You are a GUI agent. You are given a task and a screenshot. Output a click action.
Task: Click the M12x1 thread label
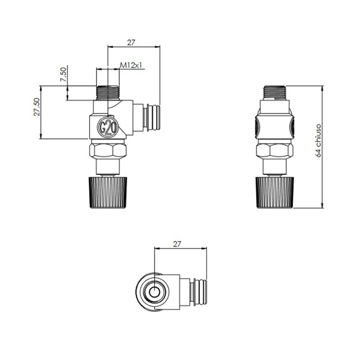pyautogui.click(x=131, y=65)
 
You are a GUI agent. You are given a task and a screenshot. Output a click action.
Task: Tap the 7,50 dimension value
pyautogui.click(x=63, y=74)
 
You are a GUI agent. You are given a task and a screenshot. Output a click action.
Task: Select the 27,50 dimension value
pyautogui.click(x=37, y=107)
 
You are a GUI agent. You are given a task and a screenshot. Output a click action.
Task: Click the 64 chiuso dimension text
pyautogui.click(x=318, y=140)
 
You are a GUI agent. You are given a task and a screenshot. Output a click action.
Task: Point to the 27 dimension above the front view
pyautogui.click(x=131, y=42)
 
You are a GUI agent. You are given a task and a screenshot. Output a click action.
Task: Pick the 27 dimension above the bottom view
pyautogui.click(x=177, y=244)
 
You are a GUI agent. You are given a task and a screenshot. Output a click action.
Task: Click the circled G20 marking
pyautogui.click(x=108, y=128)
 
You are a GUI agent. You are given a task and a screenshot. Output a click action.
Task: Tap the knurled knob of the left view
pyautogui.click(x=108, y=193)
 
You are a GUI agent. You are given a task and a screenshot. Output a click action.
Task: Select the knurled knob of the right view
pyautogui.click(x=275, y=193)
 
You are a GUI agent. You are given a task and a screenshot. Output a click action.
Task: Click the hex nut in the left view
pyautogui.click(x=108, y=151)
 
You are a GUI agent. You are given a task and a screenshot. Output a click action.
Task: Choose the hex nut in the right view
pyautogui.click(x=274, y=151)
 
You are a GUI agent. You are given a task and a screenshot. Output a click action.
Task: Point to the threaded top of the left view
pyautogui.click(x=108, y=93)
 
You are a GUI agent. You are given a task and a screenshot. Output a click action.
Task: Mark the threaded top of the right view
pyautogui.click(x=274, y=93)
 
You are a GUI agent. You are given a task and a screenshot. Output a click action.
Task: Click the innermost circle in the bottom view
pyautogui.click(x=154, y=292)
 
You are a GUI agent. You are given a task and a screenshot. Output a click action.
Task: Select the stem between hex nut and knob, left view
pyautogui.click(x=108, y=167)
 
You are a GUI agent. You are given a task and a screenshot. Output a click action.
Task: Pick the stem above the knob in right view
pyautogui.click(x=274, y=167)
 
